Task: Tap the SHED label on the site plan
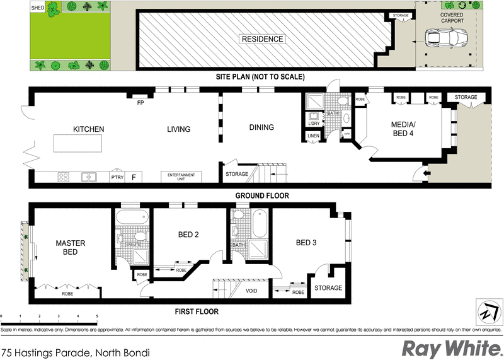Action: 38,9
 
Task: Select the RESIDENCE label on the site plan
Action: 262,39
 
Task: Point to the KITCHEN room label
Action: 88,129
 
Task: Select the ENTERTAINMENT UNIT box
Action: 181,177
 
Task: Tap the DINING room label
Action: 261,127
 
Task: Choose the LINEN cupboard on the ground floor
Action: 313,136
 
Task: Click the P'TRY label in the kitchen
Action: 117,177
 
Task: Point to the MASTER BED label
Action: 70,247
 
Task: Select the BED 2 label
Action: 188,235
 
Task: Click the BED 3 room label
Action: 306,243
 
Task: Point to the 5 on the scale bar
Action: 97,316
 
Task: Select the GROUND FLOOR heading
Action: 262,195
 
